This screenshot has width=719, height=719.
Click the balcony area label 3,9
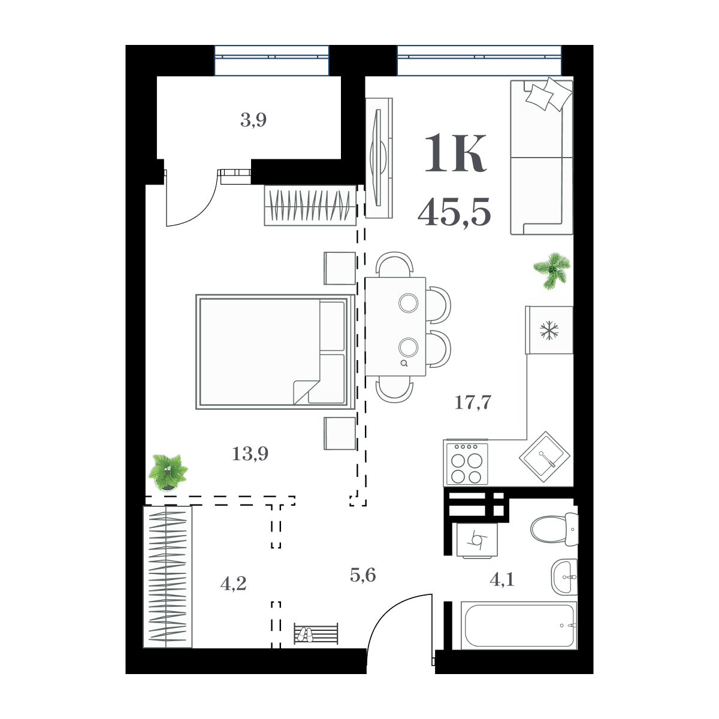(x=253, y=121)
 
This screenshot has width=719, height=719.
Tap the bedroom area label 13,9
(x=250, y=454)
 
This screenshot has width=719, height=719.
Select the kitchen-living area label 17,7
(x=473, y=403)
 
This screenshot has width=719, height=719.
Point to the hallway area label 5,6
(x=363, y=576)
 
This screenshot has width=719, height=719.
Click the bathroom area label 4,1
(x=502, y=579)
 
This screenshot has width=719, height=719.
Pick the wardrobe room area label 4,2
(x=233, y=583)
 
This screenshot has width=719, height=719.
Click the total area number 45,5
(x=455, y=213)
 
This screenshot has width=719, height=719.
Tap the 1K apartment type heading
(x=455, y=155)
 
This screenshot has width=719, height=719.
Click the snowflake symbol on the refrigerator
(x=549, y=330)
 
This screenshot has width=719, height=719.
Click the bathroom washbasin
(x=564, y=577)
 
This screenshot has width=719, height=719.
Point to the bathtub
(x=518, y=626)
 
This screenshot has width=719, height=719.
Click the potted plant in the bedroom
(x=168, y=472)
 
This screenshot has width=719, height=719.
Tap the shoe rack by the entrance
(x=316, y=634)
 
